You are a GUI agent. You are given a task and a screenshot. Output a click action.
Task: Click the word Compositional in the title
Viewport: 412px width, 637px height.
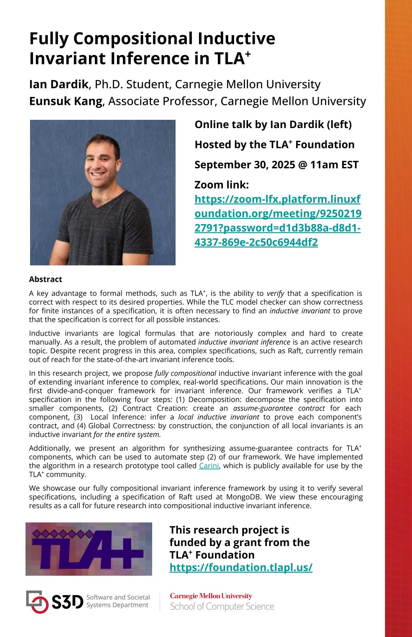(x=133, y=39)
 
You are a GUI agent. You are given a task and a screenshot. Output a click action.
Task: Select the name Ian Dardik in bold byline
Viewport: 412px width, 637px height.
(x=59, y=84)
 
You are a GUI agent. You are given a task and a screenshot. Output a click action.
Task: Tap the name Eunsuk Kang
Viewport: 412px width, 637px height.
(x=66, y=101)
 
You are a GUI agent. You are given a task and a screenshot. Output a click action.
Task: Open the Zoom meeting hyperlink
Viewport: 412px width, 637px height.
(x=277, y=221)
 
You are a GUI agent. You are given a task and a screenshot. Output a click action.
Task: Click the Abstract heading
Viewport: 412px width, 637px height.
(x=46, y=279)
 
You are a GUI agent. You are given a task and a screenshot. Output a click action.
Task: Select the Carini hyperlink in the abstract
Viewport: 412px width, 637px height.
(x=209, y=466)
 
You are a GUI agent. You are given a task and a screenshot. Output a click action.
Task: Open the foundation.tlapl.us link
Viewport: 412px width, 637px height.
(x=241, y=568)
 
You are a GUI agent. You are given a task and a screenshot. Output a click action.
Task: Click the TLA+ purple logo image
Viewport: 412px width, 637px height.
(x=89, y=549)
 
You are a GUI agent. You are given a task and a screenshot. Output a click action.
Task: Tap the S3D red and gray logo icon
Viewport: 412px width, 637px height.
(x=37, y=601)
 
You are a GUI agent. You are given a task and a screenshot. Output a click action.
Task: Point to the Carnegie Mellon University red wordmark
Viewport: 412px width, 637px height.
(x=211, y=596)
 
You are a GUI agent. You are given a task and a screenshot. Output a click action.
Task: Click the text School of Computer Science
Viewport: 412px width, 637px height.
(x=222, y=607)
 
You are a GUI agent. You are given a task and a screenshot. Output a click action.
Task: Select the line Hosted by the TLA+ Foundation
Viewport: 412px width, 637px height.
(x=274, y=145)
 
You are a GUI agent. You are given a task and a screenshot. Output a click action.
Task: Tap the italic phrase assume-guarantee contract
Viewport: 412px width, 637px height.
(x=279, y=408)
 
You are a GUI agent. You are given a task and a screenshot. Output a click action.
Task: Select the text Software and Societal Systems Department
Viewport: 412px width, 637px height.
(x=118, y=601)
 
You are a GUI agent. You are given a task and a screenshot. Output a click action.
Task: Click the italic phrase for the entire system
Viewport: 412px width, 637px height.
(x=127, y=434)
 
